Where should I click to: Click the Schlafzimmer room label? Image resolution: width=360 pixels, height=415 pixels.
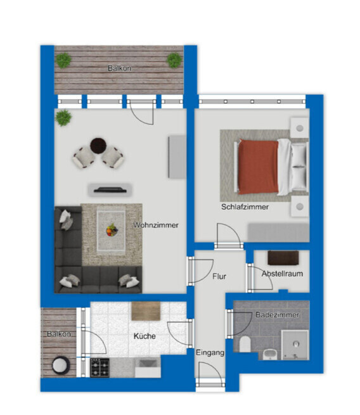[x=245, y=207]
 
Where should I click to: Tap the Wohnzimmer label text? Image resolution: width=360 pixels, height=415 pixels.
[x=156, y=225]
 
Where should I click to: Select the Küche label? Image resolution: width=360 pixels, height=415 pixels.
[x=145, y=336]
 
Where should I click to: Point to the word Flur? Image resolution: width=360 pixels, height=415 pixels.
[x=219, y=276]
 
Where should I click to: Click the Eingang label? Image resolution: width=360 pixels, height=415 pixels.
[x=210, y=353]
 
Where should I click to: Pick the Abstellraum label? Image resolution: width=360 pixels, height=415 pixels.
[x=282, y=274]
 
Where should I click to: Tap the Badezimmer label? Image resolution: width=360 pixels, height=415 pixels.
[x=277, y=315]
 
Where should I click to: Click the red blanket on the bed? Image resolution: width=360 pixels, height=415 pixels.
[x=258, y=167]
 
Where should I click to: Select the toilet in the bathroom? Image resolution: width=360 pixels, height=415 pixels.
[x=245, y=344]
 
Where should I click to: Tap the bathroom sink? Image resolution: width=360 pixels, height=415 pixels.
[x=270, y=354]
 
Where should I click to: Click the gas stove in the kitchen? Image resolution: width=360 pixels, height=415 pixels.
[x=100, y=367]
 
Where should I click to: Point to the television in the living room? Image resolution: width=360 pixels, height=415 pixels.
[x=110, y=190]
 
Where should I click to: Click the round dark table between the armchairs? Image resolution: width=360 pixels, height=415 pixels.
[x=98, y=146]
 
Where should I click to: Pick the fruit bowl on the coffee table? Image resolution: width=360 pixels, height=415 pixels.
[x=112, y=230]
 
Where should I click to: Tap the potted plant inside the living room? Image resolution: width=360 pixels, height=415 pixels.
[x=63, y=118]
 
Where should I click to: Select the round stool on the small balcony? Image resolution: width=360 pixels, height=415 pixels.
[x=61, y=365]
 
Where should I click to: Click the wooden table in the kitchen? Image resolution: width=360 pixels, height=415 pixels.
[x=146, y=311]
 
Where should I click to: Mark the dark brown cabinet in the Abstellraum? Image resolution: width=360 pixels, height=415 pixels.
[x=283, y=258]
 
